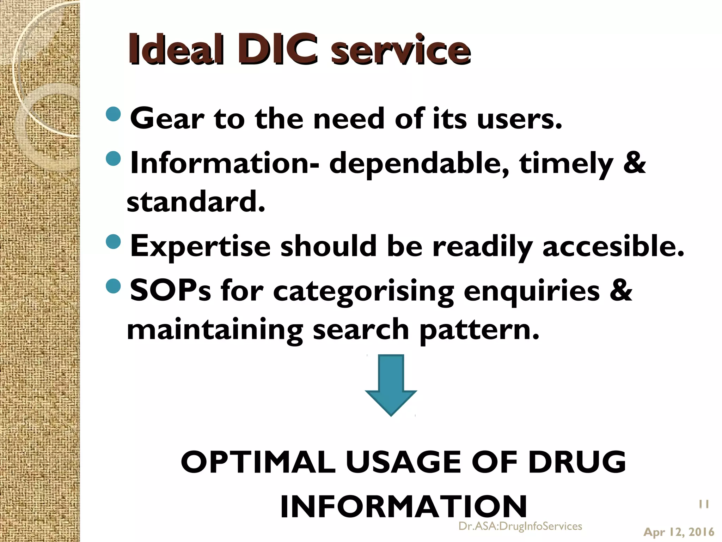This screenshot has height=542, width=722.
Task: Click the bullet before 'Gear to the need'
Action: coord(113,114)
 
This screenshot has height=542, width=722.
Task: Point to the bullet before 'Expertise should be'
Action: coord(113,241)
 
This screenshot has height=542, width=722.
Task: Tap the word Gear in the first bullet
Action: coord(167,119)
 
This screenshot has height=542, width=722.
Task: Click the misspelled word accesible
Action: coord(613,246)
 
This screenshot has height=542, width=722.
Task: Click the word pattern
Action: coord(479,330)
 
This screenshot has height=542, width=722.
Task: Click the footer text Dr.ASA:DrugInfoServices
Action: coord(520,526)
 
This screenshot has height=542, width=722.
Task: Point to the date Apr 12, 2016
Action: coord(679,532)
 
